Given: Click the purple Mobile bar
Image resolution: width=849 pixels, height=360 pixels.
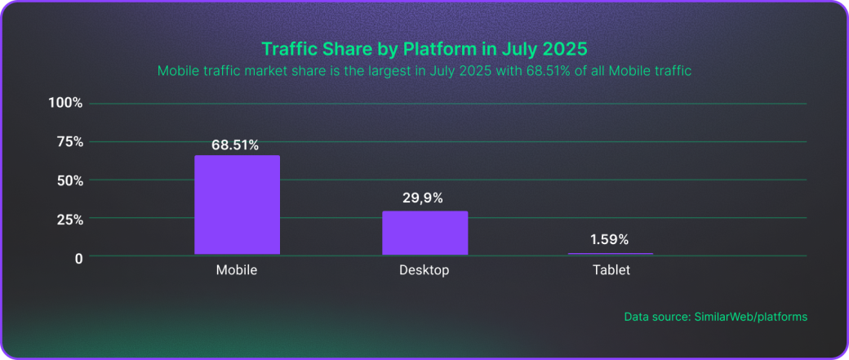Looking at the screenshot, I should pos(237,205).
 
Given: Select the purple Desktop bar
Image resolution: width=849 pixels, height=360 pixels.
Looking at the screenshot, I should pos(424,233).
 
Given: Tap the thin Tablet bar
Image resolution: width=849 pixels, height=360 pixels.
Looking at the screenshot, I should pos(611,254).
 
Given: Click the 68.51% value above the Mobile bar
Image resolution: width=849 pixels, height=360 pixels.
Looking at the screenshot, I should pos(235,145).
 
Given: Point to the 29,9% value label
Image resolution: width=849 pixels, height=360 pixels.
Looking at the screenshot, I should pos(423,198).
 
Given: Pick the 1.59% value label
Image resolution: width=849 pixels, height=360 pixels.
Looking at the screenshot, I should pos(610,240).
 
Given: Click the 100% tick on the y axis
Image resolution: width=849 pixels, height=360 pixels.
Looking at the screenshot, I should pos(66,103).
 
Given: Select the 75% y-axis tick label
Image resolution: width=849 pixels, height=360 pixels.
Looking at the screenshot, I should pos(69,142).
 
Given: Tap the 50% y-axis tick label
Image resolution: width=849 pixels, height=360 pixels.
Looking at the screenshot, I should pos(69,180).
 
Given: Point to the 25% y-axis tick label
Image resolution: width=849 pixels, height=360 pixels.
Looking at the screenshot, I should pos(69,220).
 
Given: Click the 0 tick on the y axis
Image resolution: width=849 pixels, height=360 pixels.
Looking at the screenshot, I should pos(79,258).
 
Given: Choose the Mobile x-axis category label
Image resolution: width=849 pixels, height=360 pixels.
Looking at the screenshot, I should pos(237,270).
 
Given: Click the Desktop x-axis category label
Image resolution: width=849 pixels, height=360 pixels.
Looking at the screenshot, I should pos(424,270).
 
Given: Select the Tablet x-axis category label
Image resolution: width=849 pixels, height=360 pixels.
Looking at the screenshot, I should pos(611,270).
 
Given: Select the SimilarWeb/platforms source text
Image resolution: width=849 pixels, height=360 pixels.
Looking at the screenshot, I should pos(750,316).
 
